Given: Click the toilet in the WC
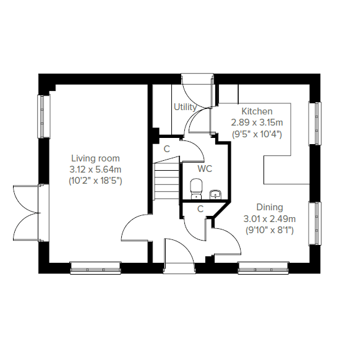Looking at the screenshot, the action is [x=196, y=189].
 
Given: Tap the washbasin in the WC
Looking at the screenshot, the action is [x=215, y=194].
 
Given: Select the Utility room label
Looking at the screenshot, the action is [x=185, y=107].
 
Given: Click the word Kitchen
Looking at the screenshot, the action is [x=257, y=111].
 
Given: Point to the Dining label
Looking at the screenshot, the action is [x=270, y=207].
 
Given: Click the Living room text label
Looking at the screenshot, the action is [x=95, y=158].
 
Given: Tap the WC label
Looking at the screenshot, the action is [x=205, y=169].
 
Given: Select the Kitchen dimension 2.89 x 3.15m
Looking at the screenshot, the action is [x=257, y=122].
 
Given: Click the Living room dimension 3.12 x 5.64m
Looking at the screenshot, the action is [x=95, y=169].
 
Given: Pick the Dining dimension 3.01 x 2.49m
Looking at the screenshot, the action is [x=270, y=219].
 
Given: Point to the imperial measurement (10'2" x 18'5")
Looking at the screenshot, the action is [x=95, y=181].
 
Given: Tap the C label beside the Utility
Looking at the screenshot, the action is [x=166, y=149].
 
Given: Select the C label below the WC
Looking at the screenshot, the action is [x=200, y=209].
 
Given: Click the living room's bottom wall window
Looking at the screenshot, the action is [x=95, y=268].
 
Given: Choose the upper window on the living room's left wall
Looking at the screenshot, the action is [x=44, y=116].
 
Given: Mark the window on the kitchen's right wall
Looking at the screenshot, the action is [x=315, y=123].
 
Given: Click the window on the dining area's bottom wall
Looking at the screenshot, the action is [x=264, y=268].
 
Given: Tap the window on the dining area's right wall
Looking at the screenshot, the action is [x=315, y=223].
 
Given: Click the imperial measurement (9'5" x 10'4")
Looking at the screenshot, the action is [x=257, y=134].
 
